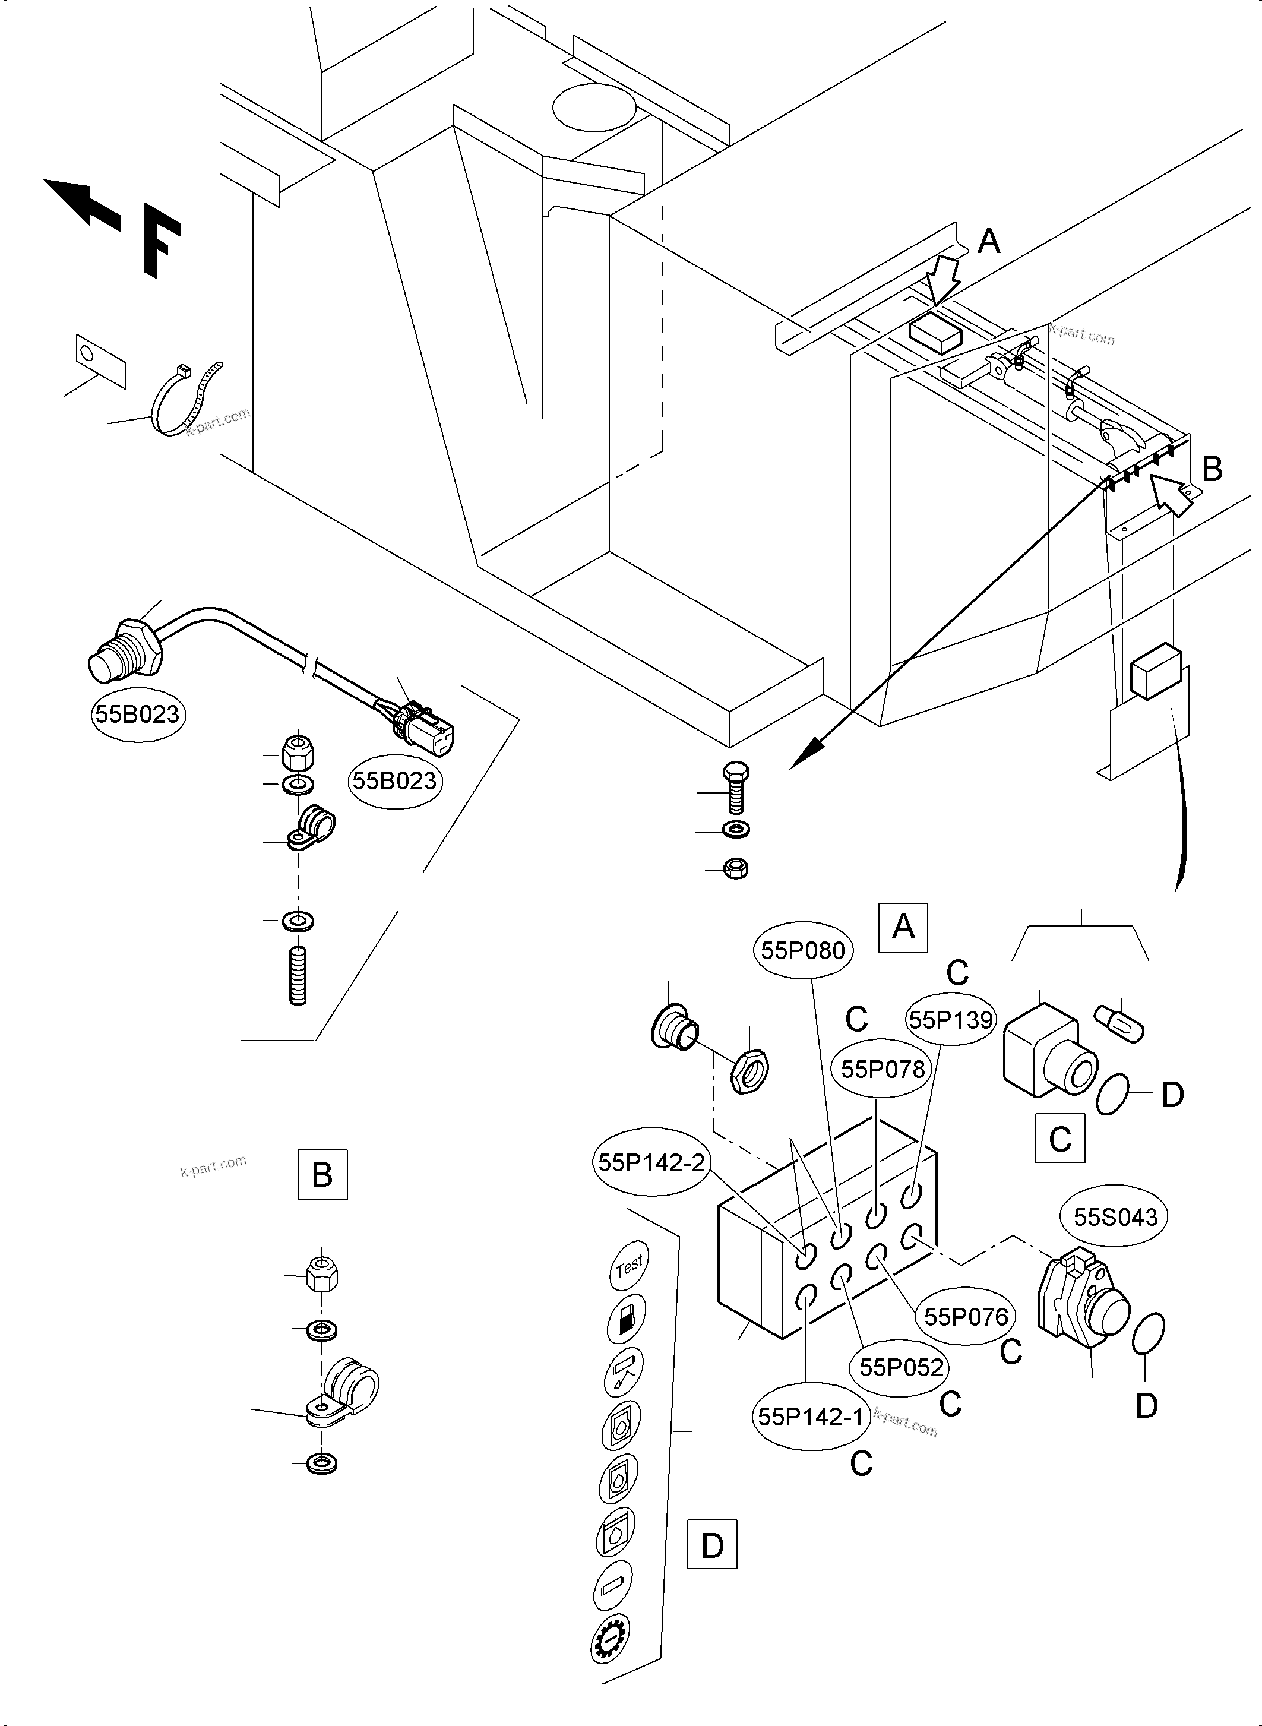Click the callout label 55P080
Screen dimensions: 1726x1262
point(803,950)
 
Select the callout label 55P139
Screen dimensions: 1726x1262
point(950,1020)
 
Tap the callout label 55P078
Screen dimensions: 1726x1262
point(883,1069)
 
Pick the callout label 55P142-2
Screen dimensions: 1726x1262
point(651,1163)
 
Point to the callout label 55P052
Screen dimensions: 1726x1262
point(902,1367)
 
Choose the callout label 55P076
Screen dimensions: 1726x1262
point(966,1316)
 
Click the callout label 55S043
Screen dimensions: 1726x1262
point(1115,1217)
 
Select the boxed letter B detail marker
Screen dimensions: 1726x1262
point(322,1174)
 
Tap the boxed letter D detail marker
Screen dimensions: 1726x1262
point(712,1545)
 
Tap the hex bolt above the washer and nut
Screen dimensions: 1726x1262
point(734,787)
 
